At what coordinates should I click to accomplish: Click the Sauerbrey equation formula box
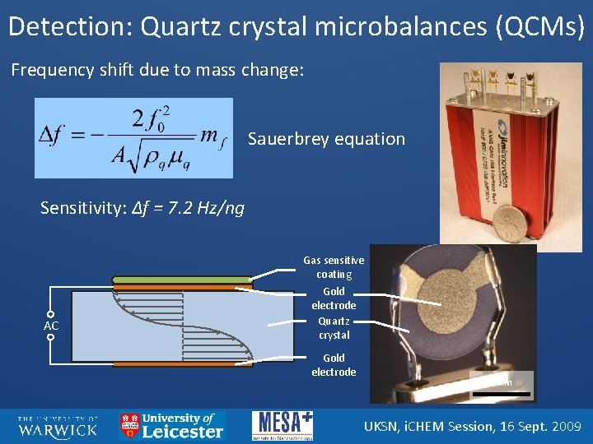point(133,138)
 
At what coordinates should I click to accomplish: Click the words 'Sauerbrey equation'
point(326,139)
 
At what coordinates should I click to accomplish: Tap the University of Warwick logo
point(58,426)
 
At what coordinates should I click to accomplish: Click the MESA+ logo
point(282,426)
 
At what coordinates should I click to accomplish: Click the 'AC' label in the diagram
point(51,326)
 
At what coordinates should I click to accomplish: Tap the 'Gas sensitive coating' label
point(334,267)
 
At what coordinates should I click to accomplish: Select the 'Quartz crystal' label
point(334,328)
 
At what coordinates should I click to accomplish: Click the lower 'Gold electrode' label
point(334,365)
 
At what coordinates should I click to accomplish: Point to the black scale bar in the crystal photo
point(502,395)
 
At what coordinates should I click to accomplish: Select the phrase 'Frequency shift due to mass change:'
point(157,70)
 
